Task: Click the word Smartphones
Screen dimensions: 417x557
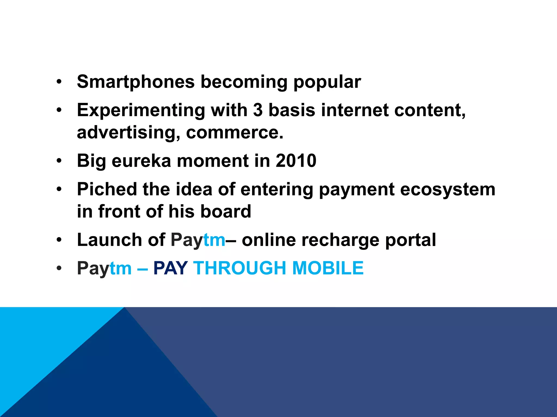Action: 136,82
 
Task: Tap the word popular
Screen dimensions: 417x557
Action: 327,82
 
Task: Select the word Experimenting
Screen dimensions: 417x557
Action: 141,110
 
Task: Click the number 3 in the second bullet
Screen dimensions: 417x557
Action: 258,110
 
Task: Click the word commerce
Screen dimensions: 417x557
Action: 234,133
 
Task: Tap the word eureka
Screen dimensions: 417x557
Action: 142,161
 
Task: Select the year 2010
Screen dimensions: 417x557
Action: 296,161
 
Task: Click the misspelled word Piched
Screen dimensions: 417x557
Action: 107,189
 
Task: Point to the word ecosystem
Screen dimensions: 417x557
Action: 448,189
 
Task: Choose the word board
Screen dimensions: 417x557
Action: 225,211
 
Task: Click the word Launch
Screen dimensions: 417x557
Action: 110,240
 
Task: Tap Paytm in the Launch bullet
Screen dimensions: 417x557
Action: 198,240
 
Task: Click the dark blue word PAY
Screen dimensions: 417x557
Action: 171,268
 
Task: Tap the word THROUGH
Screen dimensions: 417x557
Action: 240,268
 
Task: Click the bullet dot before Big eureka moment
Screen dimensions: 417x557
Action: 59,161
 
